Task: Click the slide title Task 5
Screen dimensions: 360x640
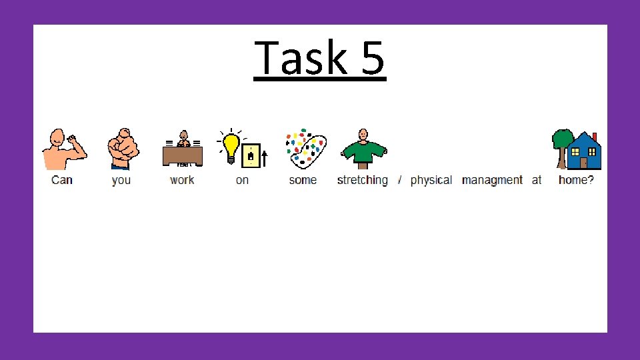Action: [319, 59]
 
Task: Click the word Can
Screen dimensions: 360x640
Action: [62, 180]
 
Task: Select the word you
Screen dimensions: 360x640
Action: [121, 180]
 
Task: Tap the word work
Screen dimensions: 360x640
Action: [182, 180]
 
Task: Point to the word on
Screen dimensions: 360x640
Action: [242, 180]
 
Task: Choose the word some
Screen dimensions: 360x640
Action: [303, 180]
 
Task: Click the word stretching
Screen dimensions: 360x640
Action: [362, 180]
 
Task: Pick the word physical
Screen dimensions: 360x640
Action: [431, 180]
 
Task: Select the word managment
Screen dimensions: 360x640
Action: [492, 180]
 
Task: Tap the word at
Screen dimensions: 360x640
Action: [537, 180]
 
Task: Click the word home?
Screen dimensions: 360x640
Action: [576, 180]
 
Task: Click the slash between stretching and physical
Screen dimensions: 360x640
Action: [399, 180]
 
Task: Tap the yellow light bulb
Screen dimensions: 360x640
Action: [231, 147]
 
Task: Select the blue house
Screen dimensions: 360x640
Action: [585, 151]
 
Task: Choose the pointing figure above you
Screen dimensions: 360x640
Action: [123, 149]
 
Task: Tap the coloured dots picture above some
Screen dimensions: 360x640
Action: [305, 147]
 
